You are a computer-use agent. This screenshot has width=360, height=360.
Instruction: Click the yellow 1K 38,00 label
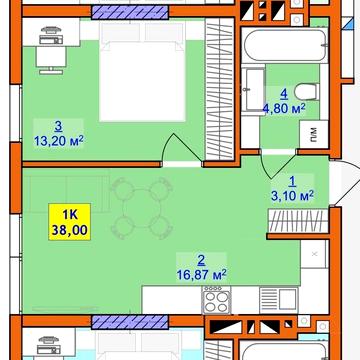(x=70, y=222)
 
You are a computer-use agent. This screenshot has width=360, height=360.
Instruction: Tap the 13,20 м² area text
(x=58, y=141)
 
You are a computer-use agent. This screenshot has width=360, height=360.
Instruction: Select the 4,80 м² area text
(x=284, y=109)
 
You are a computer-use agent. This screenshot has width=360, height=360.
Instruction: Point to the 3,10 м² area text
(x=292, y=196)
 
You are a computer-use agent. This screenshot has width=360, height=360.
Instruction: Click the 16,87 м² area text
(x=201, y=275)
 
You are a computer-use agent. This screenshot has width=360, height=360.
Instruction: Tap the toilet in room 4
(x=307, y=92)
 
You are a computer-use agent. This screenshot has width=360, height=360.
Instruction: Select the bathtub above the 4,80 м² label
(x=285, y=45)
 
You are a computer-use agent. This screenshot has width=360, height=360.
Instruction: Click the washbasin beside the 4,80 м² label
(x=253, y=90)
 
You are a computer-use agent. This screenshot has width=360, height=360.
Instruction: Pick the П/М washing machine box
(x=313, y=134)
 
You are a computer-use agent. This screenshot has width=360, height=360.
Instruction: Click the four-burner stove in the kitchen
(x=217, y=299)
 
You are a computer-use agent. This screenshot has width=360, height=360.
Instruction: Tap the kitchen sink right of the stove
(x=279, y=300)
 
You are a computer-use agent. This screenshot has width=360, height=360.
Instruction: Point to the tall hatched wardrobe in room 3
(x=219, y=88)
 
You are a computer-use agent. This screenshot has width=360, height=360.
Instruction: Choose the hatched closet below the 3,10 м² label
(x=298, y=221)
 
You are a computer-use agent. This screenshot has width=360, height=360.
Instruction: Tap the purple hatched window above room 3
(x=130, y=12)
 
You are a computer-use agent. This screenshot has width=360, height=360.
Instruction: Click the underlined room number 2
(x=201, y=260)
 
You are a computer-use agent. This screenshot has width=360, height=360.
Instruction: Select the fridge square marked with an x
(x=314, y=254)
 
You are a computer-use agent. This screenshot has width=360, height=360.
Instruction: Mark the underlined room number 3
(x=58, y=127)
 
